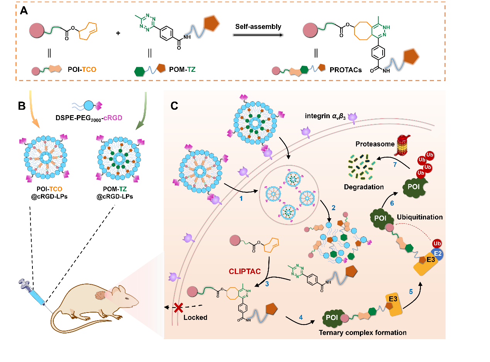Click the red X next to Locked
(178, 308)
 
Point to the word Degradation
(364, 187)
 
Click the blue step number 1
(241, 198)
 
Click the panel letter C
(174, 105)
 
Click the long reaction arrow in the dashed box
(258, 35)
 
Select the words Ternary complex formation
(363, 332)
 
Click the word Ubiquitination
(420, 217)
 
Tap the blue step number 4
(301, 318)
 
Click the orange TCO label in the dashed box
(89, 70)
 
